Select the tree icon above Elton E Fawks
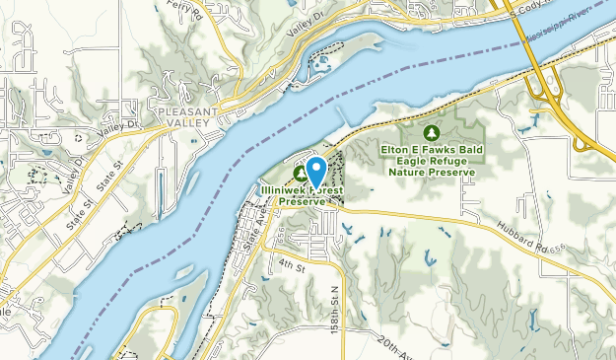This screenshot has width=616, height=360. (431, 131)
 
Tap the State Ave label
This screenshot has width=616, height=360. (251, 231)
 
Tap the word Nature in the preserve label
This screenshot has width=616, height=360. (405, 171)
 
